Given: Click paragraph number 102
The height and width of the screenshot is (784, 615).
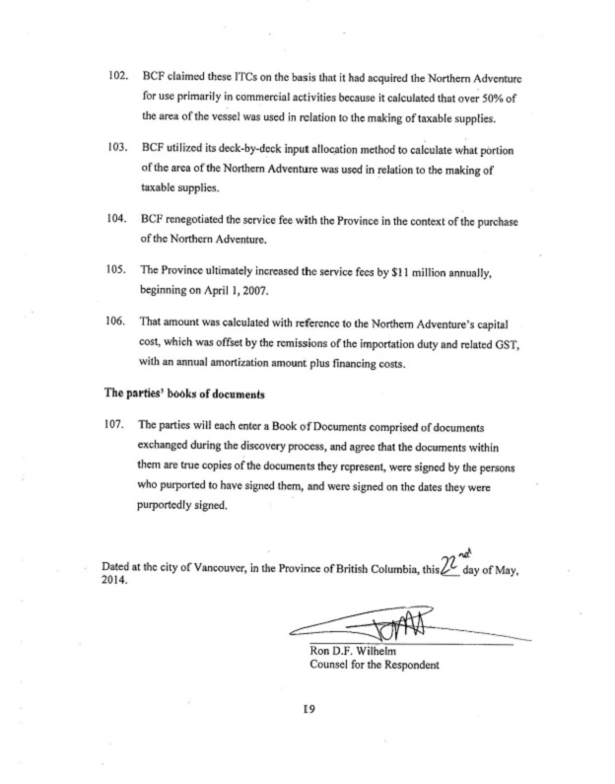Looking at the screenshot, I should [118, 77].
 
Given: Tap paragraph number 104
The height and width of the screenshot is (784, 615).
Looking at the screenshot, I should [118, 220].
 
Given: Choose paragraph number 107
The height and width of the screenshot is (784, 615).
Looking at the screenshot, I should [118, 425].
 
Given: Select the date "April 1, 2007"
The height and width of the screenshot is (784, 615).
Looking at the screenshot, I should [228, 292].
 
